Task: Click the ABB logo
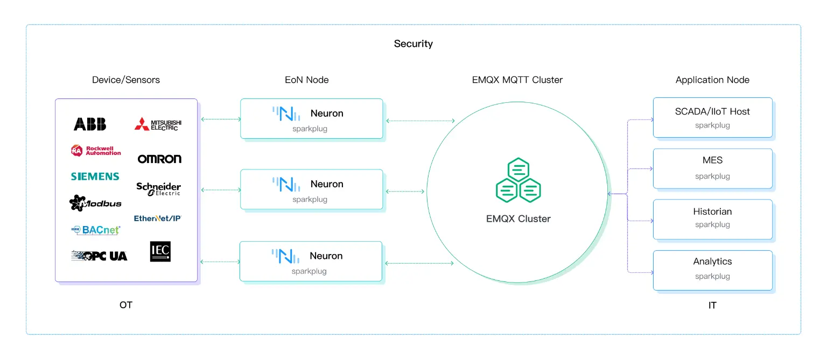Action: pos(90,124)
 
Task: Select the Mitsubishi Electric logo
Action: pos(158,124)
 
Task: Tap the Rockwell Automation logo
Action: pos(96,151)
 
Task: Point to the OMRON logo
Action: pos(159,159)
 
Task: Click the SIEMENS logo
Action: pos(95,177)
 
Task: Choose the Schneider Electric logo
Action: pos(158,188)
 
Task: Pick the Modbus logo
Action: pos(95,203)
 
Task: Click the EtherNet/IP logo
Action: pos(158,218)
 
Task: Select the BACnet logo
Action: pos(96,230)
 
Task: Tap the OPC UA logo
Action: pos(99,256)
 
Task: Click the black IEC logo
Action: pos(160,251)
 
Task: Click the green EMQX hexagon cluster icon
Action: pos(518,180)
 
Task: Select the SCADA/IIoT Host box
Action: pos(712,118)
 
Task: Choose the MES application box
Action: pos(712,168)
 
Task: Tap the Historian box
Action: pos(712,218)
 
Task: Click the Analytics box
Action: pos(712,270)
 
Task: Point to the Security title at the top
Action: pos(413,44)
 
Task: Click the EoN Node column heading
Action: pos(306,80)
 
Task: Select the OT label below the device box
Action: pos(125,305)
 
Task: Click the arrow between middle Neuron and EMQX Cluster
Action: pos(405,191)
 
